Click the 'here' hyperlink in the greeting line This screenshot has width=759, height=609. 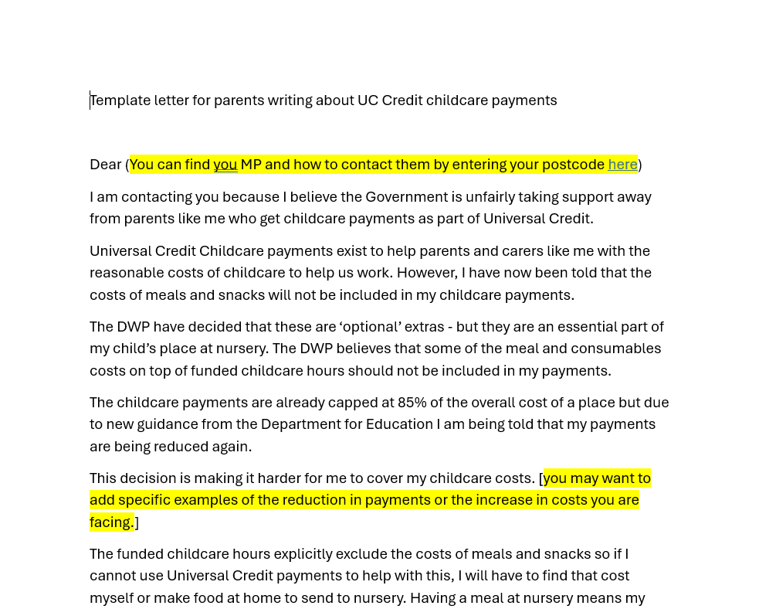point(622,164)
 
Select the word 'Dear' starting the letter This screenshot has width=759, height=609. point(106,164)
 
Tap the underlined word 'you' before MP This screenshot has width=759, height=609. point(225,164)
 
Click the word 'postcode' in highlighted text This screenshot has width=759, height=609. point(573,164)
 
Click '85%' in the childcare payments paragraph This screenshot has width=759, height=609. point(412,403)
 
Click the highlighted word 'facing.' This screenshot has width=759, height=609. point(112,522)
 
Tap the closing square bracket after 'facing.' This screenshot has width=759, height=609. point(137,522)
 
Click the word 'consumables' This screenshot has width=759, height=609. point(620,349)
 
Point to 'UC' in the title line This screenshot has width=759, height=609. point(367,100)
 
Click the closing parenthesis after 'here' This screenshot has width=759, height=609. point(640,164)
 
